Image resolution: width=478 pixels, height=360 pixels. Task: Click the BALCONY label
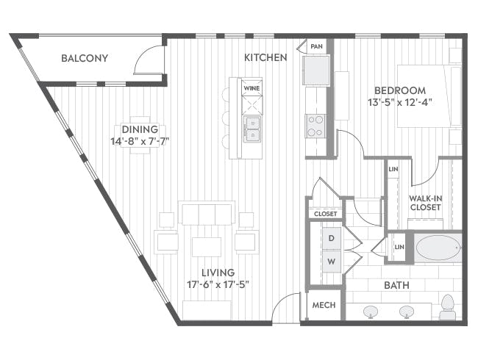click(x=85, y=58)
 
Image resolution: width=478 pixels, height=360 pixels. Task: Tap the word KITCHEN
click(x=265, y=57)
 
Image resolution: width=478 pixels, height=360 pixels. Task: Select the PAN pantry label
click(x=316, y=46)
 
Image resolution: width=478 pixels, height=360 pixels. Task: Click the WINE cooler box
click(x=252, y=88)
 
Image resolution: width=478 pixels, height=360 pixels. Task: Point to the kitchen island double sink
click(x=252, y=129)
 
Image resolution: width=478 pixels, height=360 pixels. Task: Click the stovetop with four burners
click(x=315, y=126)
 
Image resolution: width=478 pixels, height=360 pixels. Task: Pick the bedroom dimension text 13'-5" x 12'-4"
click(x=400, y=102)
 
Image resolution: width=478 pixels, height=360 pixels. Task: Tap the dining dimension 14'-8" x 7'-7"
click(x=140, y=141)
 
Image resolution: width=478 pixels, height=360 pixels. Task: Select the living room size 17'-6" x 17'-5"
click(x=218, y=284)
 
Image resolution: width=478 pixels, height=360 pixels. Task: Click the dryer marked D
click(x=332, y=238)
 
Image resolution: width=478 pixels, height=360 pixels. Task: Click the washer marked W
click(x=332, y=262)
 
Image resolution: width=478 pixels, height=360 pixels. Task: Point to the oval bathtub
click(x=438, y=248)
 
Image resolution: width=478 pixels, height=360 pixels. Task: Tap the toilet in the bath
click(x=448, y=307)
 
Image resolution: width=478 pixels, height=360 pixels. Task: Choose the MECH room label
click(x=324, y=305)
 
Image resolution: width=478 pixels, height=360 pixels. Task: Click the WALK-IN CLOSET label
click(x=426, y=203)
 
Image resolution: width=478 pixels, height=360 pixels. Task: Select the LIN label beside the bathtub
click(x=399, y=247)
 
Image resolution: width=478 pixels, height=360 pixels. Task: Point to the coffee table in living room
click(x=207, y=247)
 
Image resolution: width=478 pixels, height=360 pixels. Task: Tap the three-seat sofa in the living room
click(x=207, y=213)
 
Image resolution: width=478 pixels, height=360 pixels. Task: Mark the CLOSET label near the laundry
click(x=326, y=214)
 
